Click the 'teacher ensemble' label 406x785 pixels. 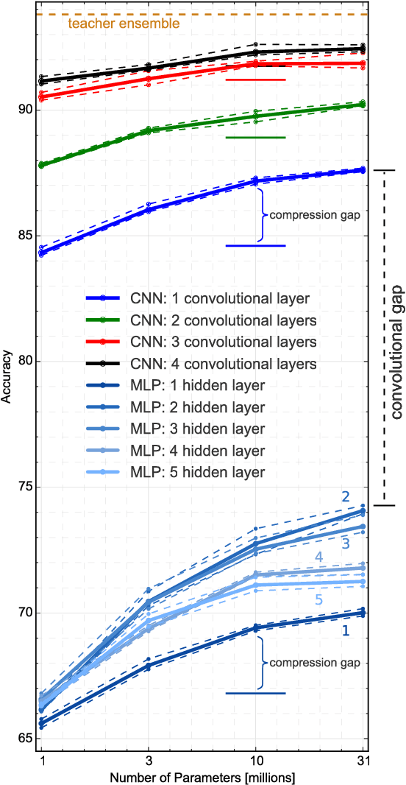(x=124, y=24)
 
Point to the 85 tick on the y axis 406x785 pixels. (x=26, y=236)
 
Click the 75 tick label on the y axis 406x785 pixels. (x=26, y=487)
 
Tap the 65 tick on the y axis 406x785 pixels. (x=26, y=738)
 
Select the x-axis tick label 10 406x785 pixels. (x=255, y=760)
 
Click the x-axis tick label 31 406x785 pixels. (x=362, y=760)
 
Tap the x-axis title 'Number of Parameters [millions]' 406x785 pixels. (x=202, y=776)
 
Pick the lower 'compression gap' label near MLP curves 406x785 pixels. (x=315, y=663)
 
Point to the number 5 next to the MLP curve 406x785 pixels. (x=318, y=601)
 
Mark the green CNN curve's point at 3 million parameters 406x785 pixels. (x=149, y=130)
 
